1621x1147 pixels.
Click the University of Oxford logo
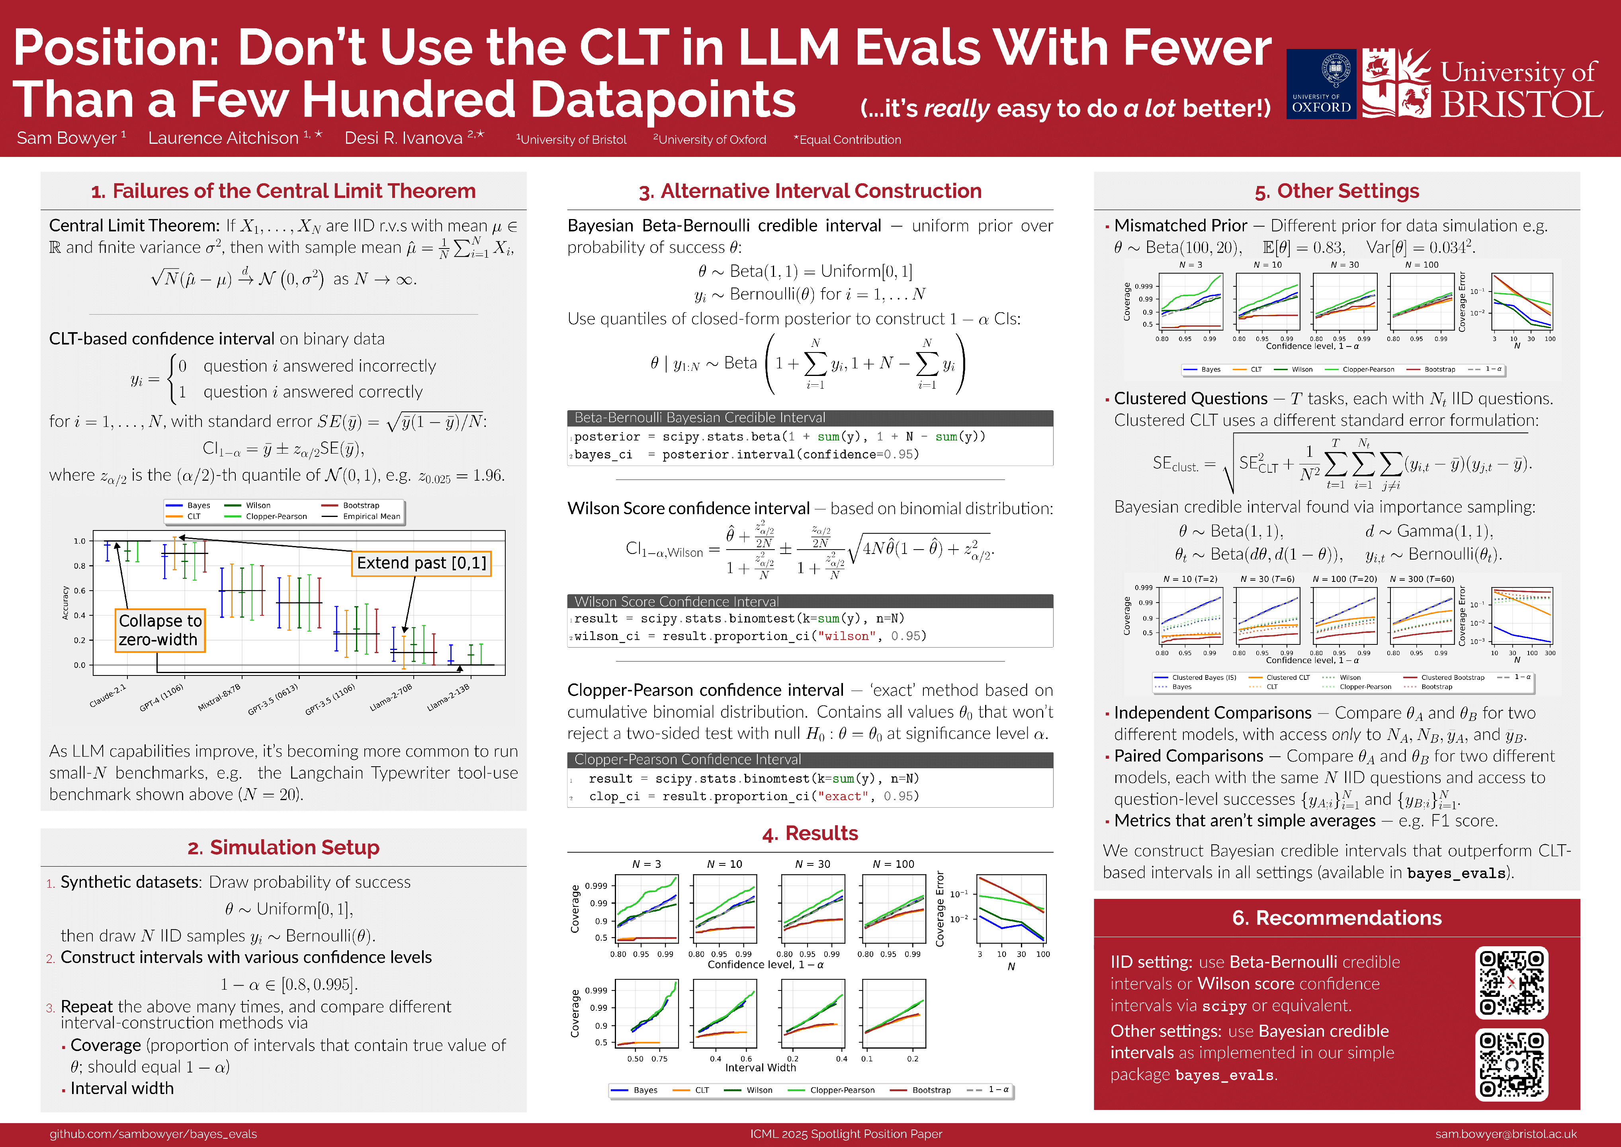(1320, 83)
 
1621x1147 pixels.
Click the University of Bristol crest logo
(1396, 83)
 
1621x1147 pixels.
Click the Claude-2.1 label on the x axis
(108, 696)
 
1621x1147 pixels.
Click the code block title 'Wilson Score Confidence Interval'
(677, 602)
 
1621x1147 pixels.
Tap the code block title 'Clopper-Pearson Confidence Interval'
(688, 759)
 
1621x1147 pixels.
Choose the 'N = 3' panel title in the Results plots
(647, 864)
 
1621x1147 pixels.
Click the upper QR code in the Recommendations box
(1511, 983)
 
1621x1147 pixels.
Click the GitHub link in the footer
(153, 1133)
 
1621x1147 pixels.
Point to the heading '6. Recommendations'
(1336, 918)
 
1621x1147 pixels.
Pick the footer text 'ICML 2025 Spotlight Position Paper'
(846, 1133)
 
